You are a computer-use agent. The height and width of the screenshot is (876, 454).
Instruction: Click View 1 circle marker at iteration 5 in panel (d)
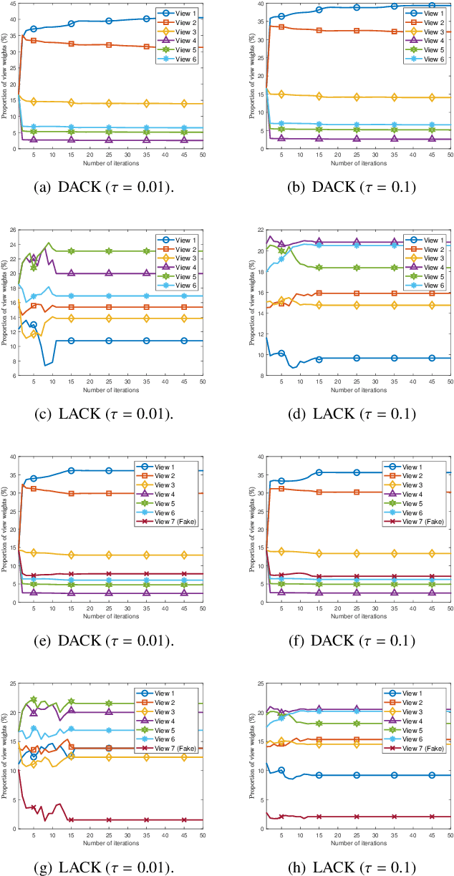click(x=281, y=354)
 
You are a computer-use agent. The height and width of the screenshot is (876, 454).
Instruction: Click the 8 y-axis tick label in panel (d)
click(x=243, y=374)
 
